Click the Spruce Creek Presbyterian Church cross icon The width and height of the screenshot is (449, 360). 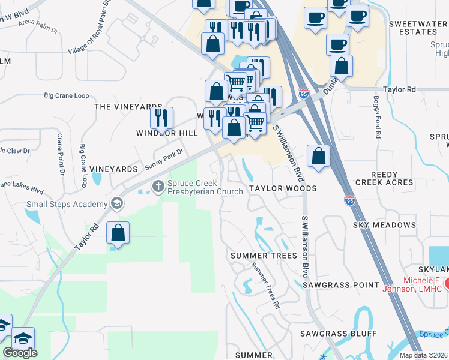click(158, 187)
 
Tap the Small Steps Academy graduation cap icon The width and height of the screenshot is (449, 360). click(116, 204)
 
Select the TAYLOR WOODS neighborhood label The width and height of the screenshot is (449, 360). click(283, 188)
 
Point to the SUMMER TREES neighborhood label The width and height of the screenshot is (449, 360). click(264, 256)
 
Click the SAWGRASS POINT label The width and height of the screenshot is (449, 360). click(340, 284)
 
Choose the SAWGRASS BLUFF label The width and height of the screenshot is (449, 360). click(339, 333)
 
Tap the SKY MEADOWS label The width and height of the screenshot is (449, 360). click(384, 225)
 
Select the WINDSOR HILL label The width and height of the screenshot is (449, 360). click(158, 133)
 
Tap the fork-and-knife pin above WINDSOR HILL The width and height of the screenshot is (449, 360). click(160, 118)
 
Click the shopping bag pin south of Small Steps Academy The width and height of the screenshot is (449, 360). click(118, 233)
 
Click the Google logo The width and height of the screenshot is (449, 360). click(20, 353)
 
